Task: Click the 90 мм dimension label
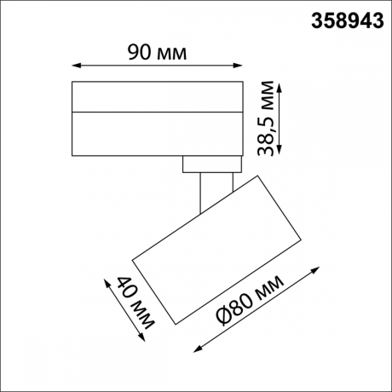point(157,52)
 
